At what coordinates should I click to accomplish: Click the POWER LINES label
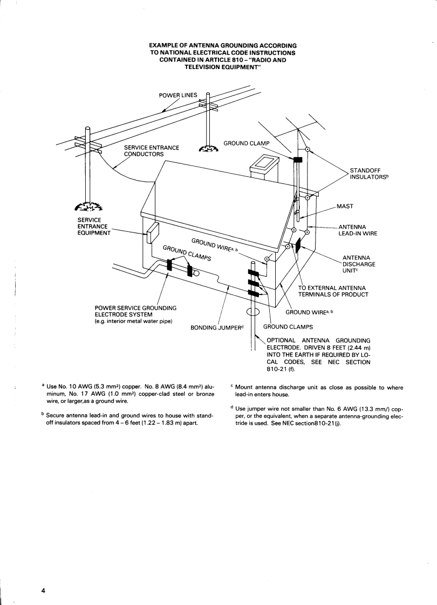[178, 95]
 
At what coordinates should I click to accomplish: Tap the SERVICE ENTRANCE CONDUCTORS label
[152, 150]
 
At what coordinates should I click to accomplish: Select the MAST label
[345, 206]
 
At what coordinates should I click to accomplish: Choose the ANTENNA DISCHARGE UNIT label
[359, 264]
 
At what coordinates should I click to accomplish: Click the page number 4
[43, 590]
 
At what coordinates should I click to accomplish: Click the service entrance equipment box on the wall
[152, 232]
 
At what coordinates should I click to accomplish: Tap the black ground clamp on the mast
[297, 160]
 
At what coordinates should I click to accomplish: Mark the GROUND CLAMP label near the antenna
[246, 143]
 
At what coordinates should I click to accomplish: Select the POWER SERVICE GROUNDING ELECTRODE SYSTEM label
[135, 311]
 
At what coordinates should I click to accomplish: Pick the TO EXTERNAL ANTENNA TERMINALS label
[333, 291]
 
